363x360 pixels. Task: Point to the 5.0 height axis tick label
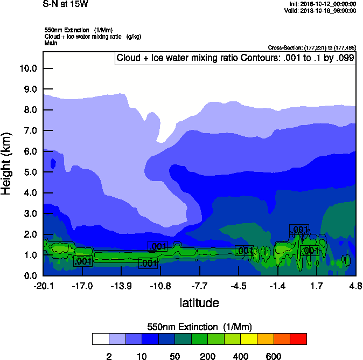27,172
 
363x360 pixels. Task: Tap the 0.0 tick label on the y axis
27,276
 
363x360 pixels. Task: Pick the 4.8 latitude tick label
355,286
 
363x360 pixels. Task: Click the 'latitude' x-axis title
199,303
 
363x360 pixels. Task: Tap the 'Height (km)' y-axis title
7,164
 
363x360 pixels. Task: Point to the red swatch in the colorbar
298,339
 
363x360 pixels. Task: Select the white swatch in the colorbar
100,339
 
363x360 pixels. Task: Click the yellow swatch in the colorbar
249,339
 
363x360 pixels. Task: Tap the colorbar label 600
274,356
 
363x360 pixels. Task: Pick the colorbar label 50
174,356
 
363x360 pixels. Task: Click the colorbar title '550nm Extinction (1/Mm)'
199,327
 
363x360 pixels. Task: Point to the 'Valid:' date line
322,10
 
